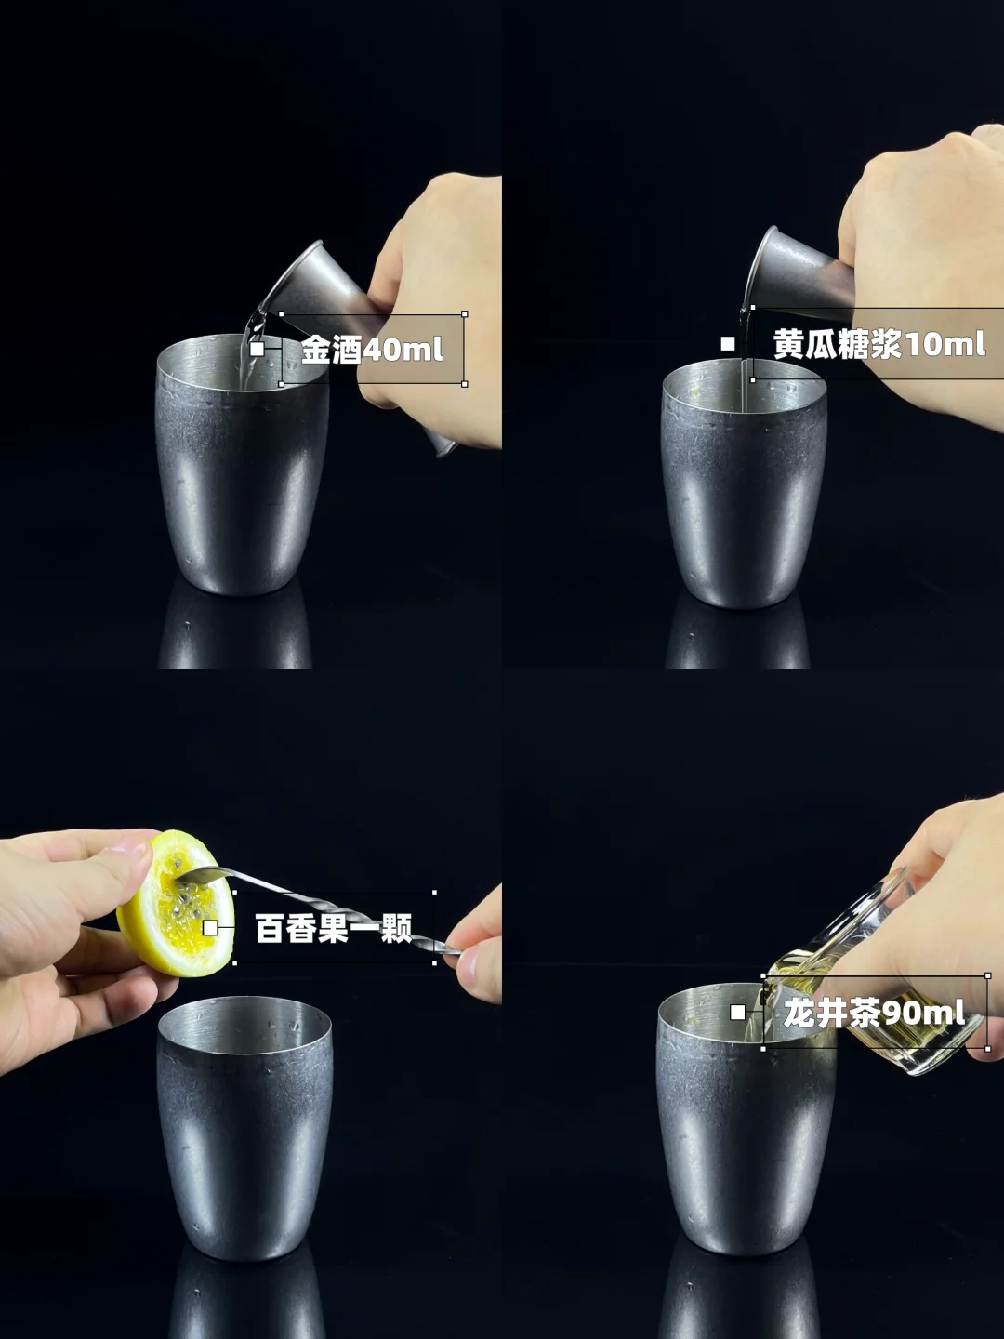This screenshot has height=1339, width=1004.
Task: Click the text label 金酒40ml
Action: tap(372, 351)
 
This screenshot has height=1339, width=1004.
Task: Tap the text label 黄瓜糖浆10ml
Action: tap(879, 344)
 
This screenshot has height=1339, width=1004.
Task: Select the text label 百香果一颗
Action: tap(334, 928)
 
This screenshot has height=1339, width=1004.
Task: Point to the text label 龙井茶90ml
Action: tap(874, 1014)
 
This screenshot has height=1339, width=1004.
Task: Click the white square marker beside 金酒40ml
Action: tap(258, 350)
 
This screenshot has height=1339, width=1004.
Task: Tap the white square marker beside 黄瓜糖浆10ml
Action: tap(728, 343)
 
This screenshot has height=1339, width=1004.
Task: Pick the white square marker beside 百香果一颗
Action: tap(210, 928)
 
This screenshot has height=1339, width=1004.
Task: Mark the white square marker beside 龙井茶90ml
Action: tap(737, 1013)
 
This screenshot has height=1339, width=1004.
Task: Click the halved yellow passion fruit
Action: tap(177, 903)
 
